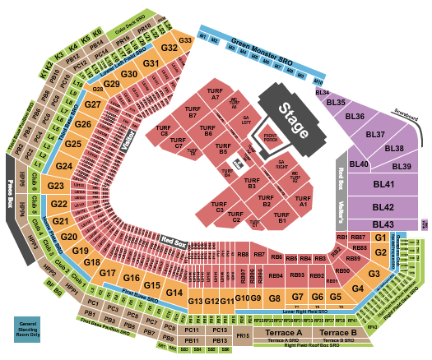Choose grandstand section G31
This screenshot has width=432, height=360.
tap(151, 63)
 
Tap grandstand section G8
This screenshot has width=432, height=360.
tap(275, 297)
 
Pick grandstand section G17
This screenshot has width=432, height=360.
tap(108, 272)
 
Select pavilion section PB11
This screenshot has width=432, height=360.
tap(192, 340)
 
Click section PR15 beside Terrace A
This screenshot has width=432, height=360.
tap(243, 335)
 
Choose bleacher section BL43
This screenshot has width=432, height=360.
tap(383, 224)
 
